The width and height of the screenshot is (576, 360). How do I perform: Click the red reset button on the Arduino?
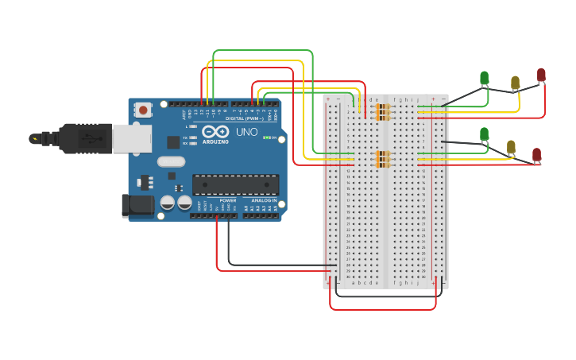pyautogui.click(x=143, y=110)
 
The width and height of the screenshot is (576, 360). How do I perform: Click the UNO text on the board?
pyautogui.click(x=247, y=133)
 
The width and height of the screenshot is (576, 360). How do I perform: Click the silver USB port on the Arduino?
pyautogui.click(x=131, y=138)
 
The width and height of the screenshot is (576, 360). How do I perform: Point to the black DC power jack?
pyautogui.click(x=137, y=205)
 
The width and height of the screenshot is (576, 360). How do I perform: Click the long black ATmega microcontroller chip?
pyautogui.click(x=235, y=184)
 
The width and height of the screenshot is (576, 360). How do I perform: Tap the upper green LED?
pyautogui.click(x=485, y=78)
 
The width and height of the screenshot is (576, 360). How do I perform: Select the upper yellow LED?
pyautogui.click(x=515, y=82)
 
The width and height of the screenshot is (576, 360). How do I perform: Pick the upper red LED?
pyautogui.click(x=541, y=75)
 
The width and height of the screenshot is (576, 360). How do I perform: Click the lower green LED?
pyautogui.click(x=485, y=134)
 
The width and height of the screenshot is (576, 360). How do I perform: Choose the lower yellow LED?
pyautogui.click(x=511, y=147)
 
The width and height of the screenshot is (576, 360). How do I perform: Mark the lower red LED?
pyautogui.click(x=536, y=154)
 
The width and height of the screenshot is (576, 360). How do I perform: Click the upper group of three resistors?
pyautogui.click(x=384, y=112)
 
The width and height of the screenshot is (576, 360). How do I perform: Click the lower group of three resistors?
pyautogui.click(x=384, y=159)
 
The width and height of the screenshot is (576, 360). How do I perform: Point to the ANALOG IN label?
pyautogui.click(x=264, y=200)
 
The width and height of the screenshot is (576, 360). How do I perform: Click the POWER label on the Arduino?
pyautogui.click(x=227, y=200)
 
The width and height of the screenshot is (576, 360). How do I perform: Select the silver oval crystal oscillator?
pyautogui.click(x=171, y=161)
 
